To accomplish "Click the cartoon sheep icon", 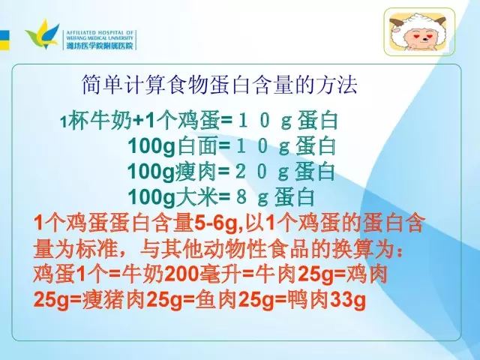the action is pos(419,31).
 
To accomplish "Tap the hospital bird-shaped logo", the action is pos(42,34).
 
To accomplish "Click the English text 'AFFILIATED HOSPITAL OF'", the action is pos(100,32).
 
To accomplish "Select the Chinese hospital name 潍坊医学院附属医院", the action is pos(100,46).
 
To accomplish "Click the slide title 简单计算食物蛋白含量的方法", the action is pos(220,85).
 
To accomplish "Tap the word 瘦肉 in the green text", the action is pos(196,171).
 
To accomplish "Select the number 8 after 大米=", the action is pos(241,197).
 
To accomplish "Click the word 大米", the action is pos(196,196).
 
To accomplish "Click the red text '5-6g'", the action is pos(215,223).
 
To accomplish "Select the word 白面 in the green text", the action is pos(196,145).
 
